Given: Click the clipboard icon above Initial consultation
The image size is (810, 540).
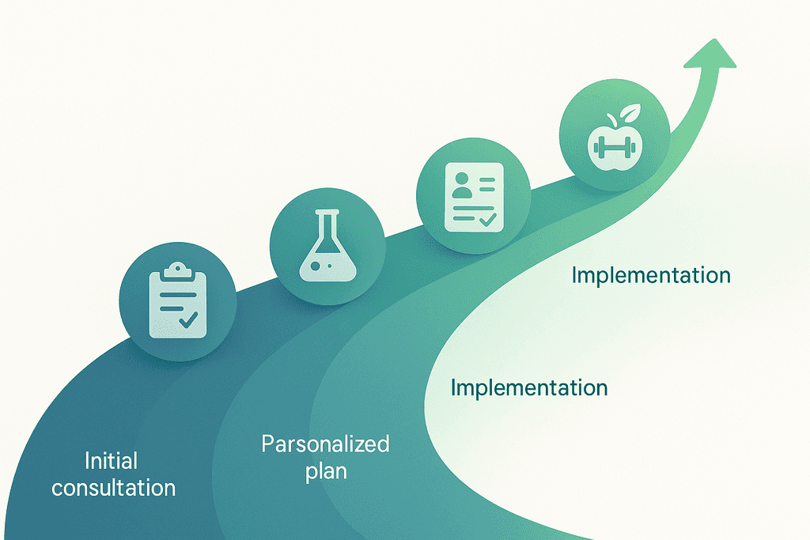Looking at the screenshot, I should pyautogui.click(x=177, y=300).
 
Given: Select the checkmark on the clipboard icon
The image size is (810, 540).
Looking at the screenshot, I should pyautogui.click(x=188, y=319).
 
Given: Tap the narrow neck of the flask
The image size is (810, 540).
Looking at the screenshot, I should pyautogui.click(x=326, y=225).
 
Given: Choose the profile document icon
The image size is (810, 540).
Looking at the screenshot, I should pyautogui.click(x=472, y=196).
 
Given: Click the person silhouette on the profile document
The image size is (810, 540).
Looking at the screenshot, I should pyautogui.click(x=460, y=187).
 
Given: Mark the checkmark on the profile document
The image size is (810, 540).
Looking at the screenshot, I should pyautogui.click(x=486, y=217).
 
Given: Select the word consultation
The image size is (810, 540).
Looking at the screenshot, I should pyautogui.click(x=114, y=487).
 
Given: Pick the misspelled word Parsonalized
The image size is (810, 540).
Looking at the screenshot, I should pyautogui.click(x=325, y=444).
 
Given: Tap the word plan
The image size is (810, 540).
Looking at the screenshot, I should pyautogui.click(x=324, y=470).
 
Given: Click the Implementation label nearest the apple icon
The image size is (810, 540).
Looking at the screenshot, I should pyautogui.click(x=651, y=275).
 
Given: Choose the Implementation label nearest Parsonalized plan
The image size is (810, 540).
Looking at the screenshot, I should pyautogui.click(x=528, y=388).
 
